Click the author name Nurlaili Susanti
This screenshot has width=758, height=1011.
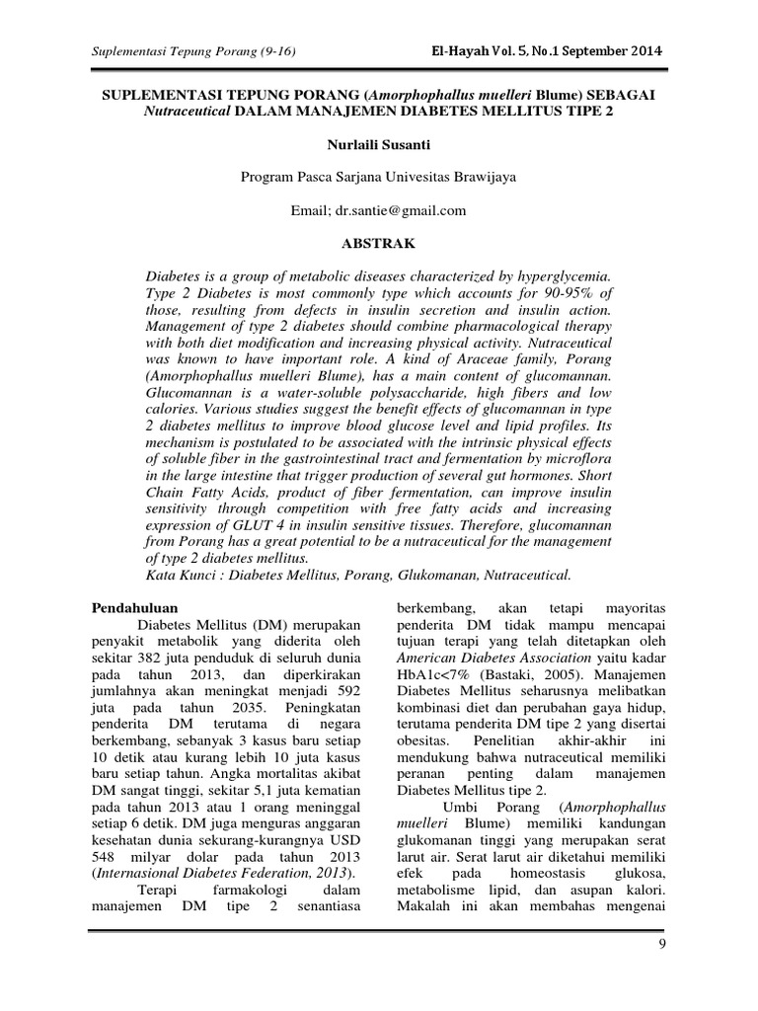coord(378,145)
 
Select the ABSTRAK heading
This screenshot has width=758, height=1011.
coord(378,242)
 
